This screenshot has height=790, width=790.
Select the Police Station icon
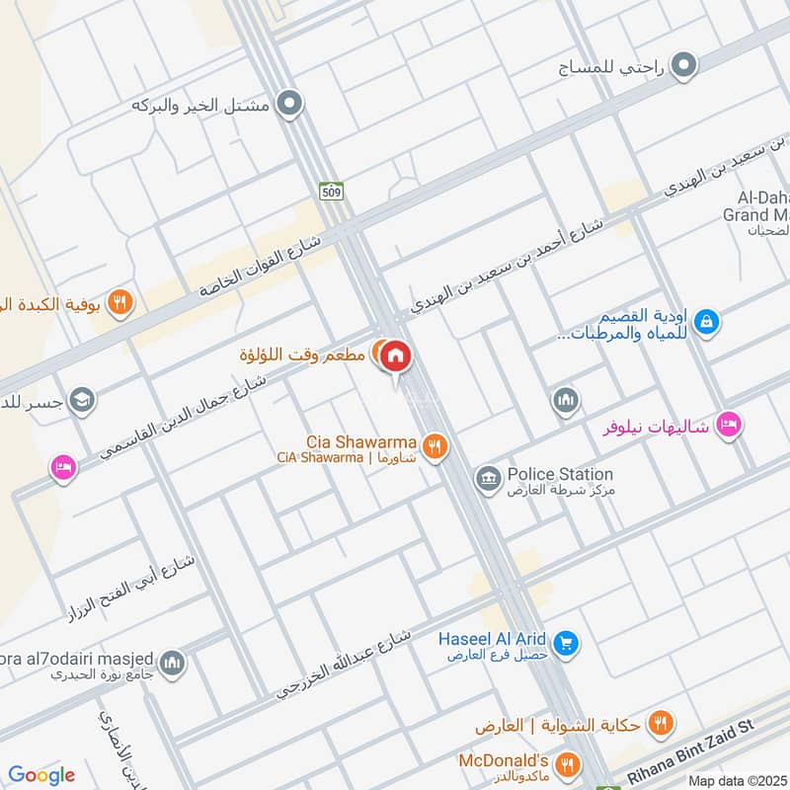487,481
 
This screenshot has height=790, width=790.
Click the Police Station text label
560,474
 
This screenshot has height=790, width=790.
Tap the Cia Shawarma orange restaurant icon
434,447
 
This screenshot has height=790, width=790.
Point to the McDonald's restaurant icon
567,763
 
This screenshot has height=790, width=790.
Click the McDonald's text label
504,760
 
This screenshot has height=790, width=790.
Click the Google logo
41,775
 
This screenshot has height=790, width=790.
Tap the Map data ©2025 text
737,780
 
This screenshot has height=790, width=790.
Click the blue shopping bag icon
706,321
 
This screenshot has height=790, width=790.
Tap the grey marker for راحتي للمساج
683,67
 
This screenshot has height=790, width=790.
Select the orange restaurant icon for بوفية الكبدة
119,302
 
